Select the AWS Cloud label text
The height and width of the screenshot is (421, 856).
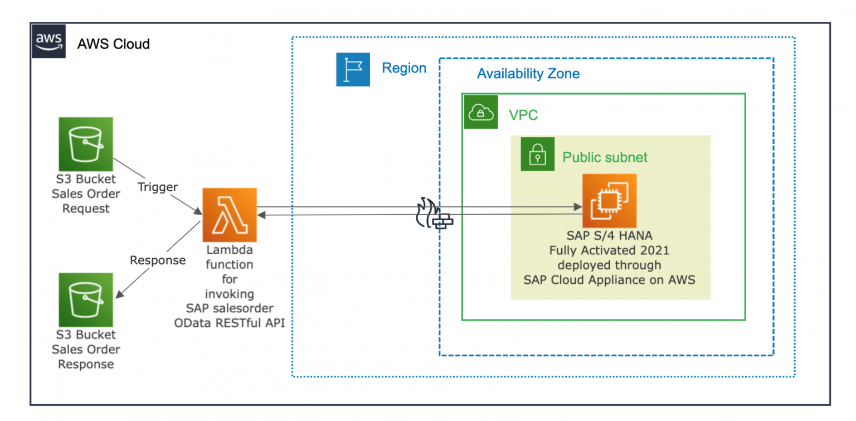[113, 44]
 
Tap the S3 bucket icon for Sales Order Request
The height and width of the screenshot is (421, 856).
[86, 144]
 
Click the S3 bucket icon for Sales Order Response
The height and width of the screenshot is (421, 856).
[86, 299]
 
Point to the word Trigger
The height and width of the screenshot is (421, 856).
[158, 187]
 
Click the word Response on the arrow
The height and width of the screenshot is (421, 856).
[158, 260]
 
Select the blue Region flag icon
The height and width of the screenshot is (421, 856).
[353, 70]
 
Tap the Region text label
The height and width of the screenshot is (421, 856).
[404, 68]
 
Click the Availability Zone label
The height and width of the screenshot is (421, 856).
[528, 74]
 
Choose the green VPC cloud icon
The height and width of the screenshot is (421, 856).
[480, 113]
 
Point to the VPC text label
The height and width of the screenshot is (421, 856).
[523, 115]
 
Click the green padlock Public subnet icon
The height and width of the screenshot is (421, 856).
[537, 154]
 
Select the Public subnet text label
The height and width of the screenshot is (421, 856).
[605, 157]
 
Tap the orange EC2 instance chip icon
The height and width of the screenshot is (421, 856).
[609, 200]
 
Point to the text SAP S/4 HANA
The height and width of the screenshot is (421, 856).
[609, 236]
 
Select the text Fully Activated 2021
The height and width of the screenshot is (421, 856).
[609, 250]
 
